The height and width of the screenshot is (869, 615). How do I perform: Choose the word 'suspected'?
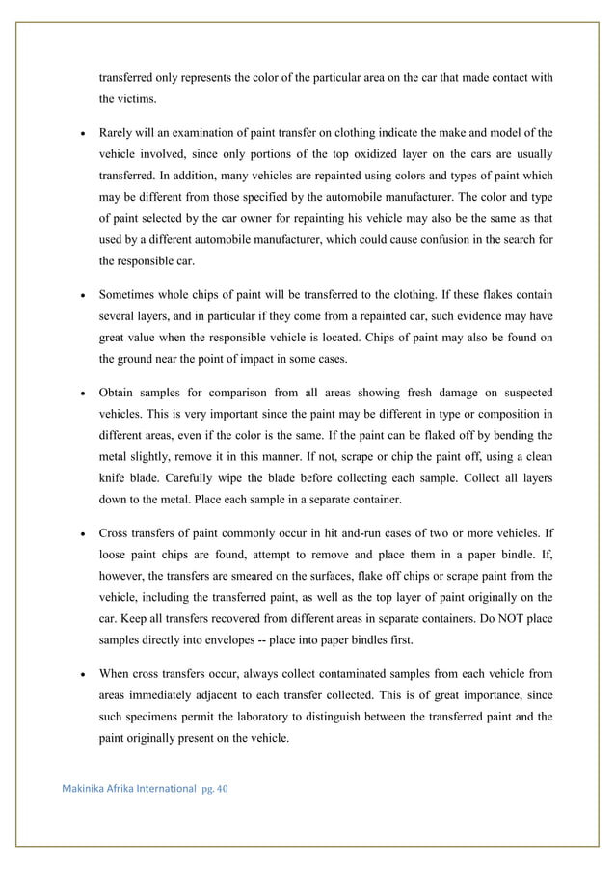pyautogui.click(x=521, y=393)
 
